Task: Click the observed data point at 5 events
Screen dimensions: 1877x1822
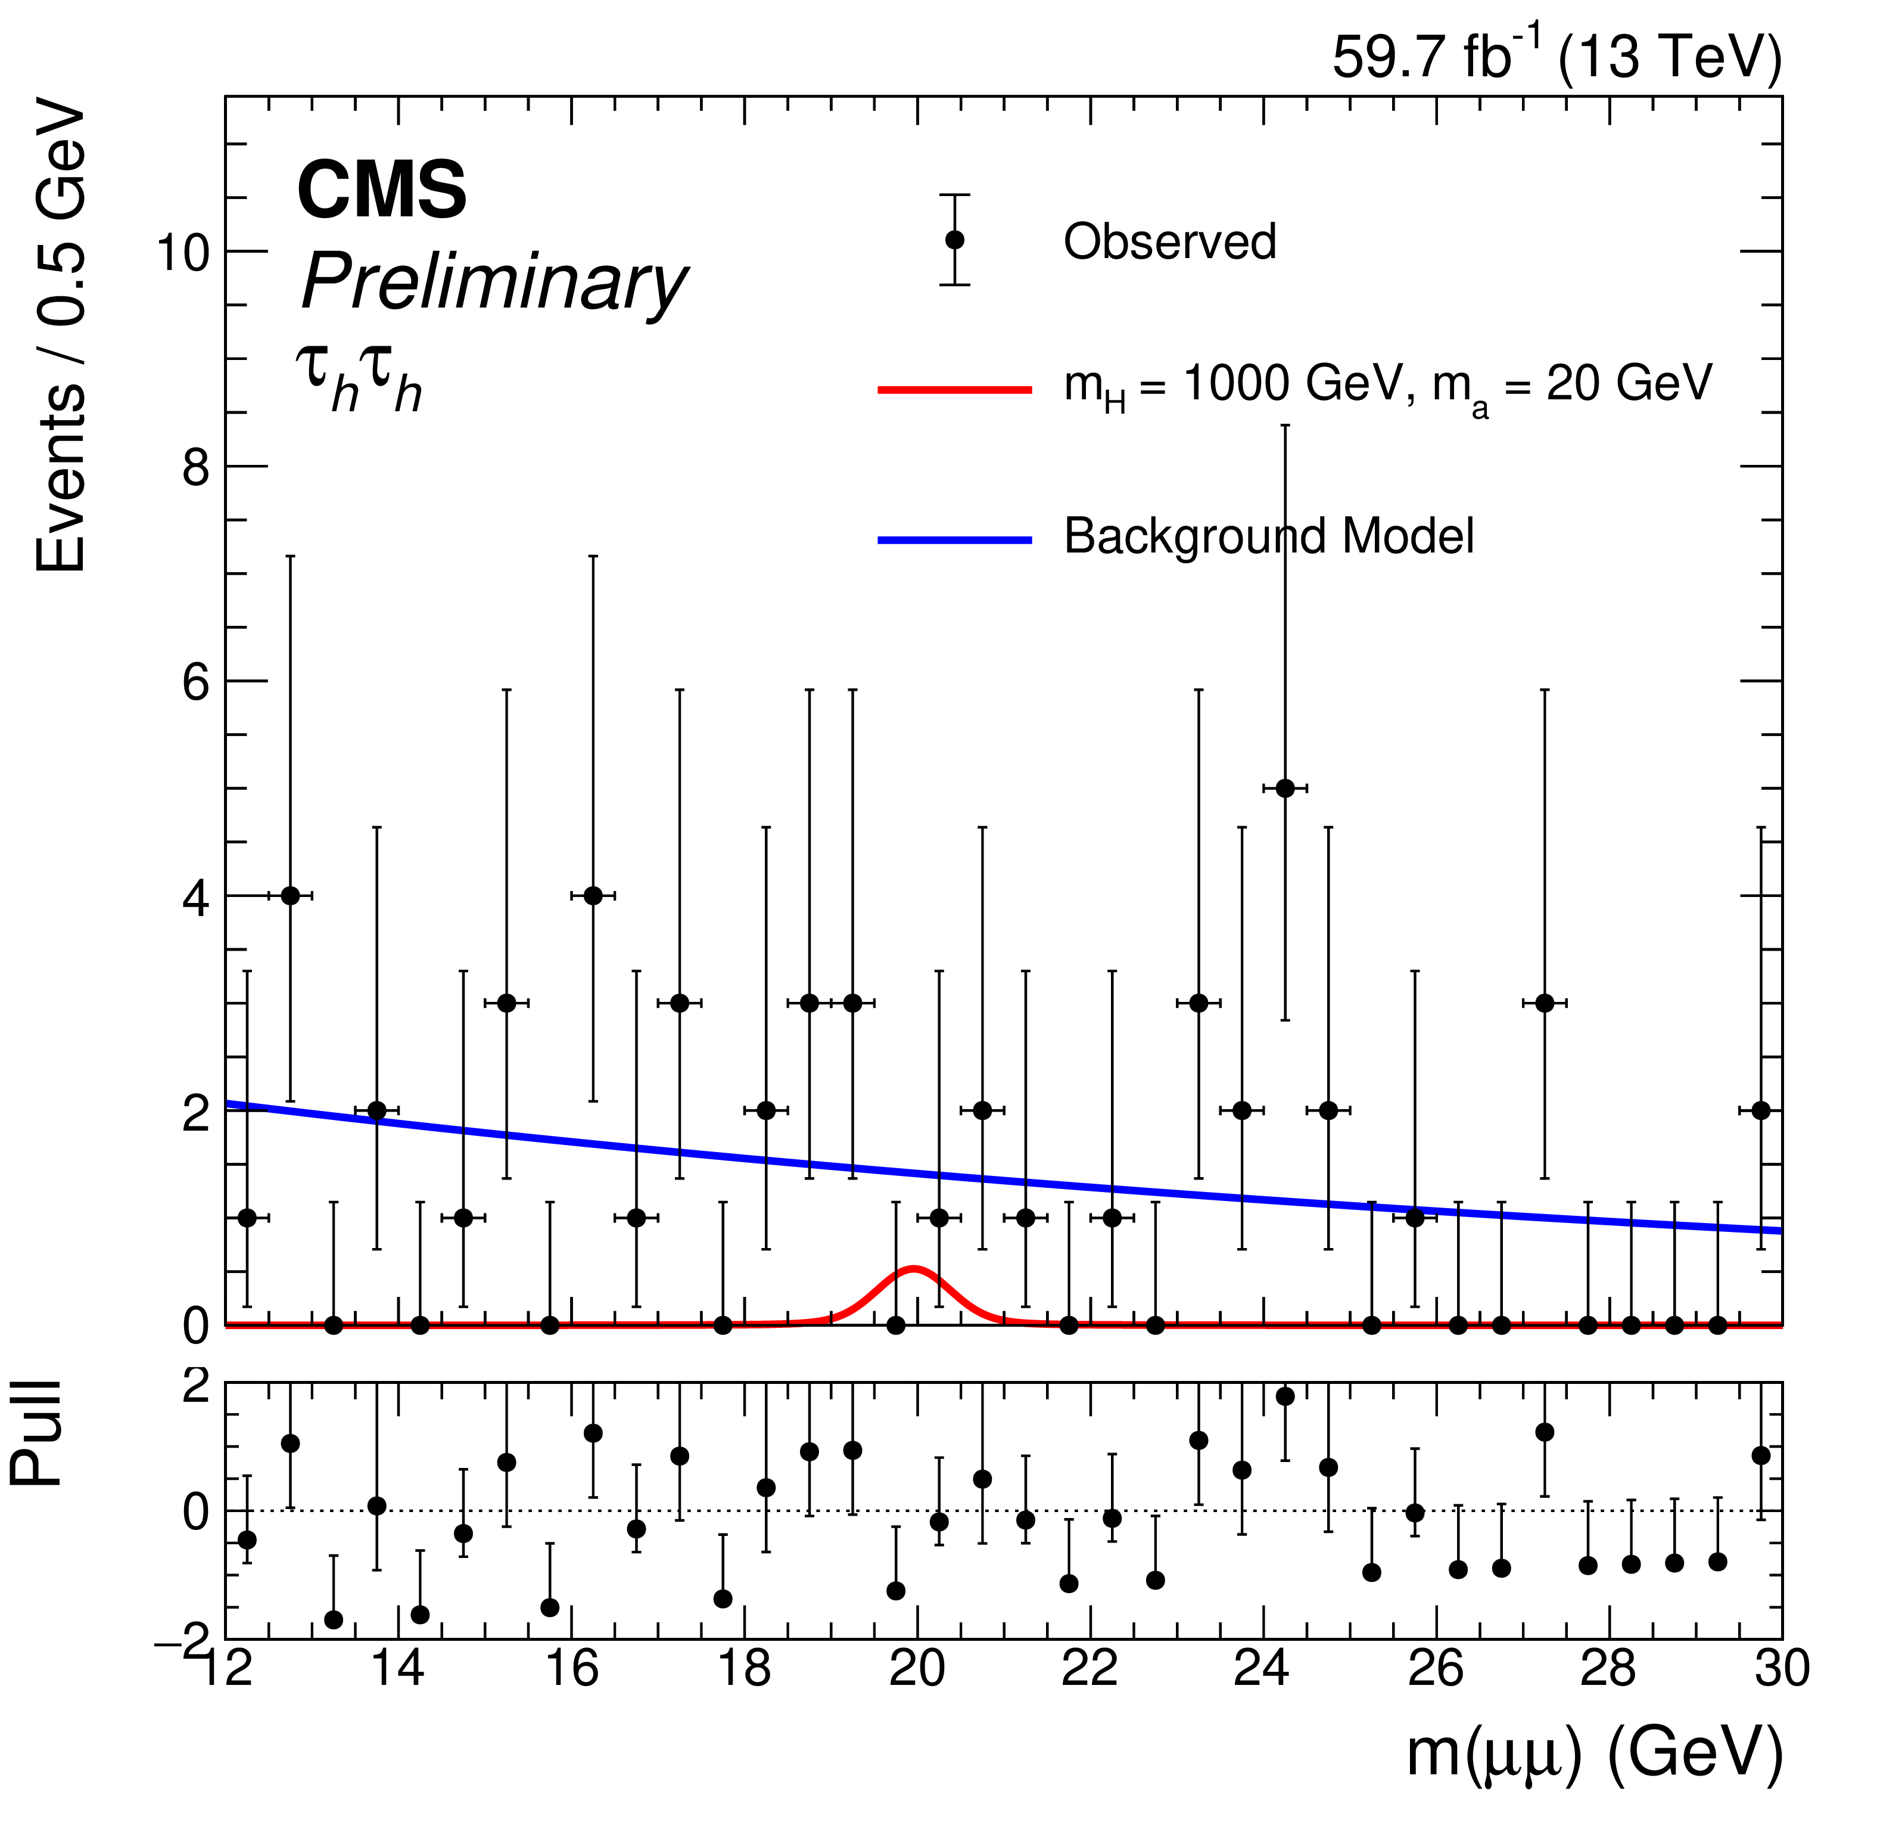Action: (1285, 789)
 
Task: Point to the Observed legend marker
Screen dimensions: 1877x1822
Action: (955, 240)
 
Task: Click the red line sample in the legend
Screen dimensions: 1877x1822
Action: (955, 389)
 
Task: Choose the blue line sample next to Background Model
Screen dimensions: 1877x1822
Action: (955, 540)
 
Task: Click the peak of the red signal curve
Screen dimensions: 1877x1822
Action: (914, 1270)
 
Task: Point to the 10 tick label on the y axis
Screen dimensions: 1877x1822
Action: (183, 253)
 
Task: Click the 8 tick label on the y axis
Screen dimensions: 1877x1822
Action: (197, 467)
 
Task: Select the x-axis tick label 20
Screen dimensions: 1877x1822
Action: (917, 1669)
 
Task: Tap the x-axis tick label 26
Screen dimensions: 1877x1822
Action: (1436, 1669)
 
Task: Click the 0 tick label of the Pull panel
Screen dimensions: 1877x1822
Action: (197, 1511)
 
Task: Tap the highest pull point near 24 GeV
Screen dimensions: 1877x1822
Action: (1285, 1396)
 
